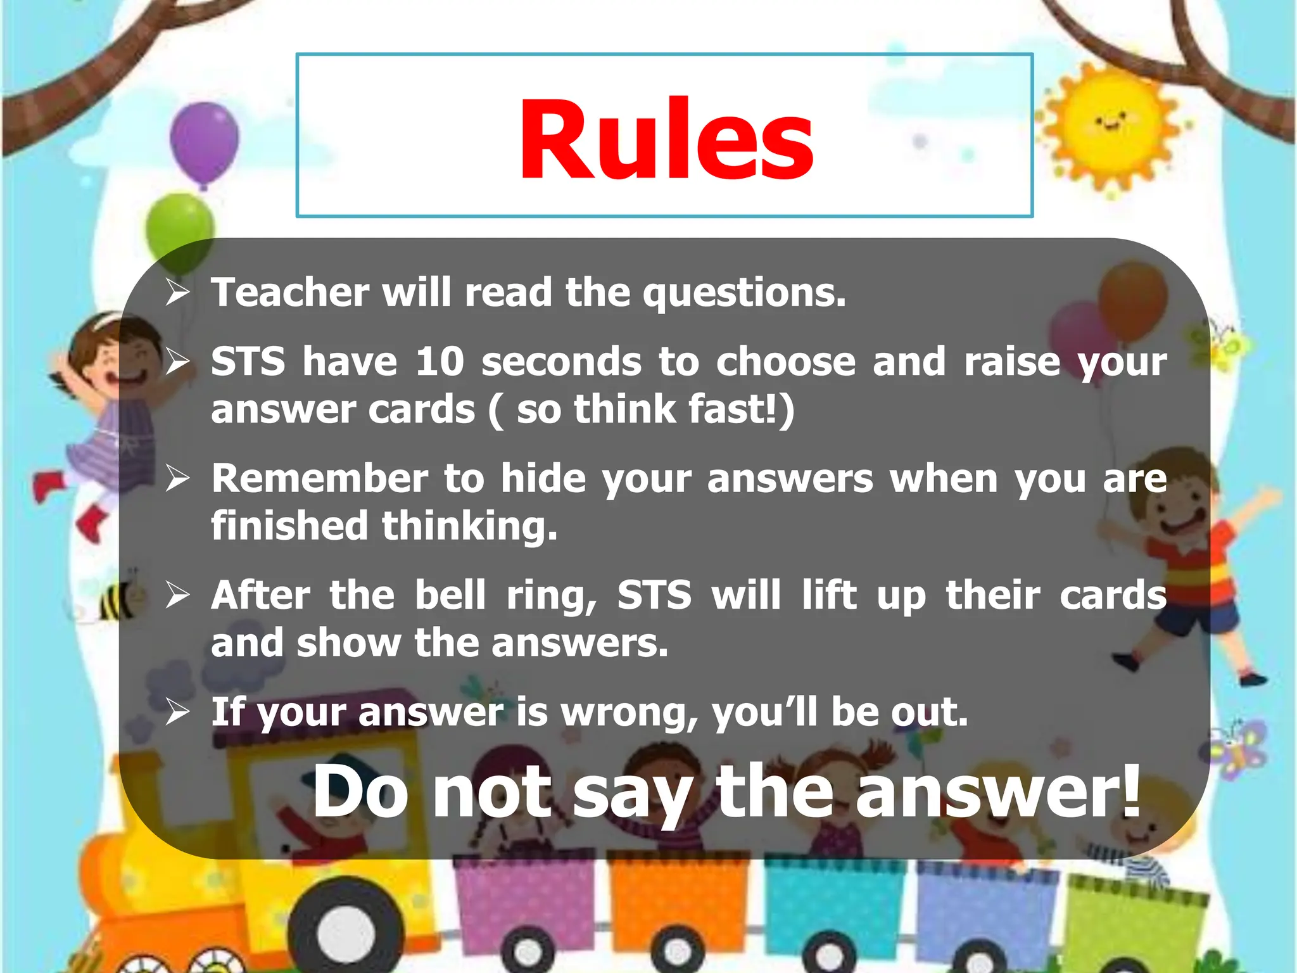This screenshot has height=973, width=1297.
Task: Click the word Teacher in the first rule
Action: coord(290,293)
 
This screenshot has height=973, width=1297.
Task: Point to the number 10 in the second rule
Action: coord(440,362)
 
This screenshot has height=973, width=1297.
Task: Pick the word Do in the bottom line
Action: coord(360,792)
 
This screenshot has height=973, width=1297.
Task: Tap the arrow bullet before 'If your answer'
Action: coord(177,712)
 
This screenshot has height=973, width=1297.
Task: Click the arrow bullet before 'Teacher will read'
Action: coord(177,293)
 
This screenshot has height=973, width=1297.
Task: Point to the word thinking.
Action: coord(469,526)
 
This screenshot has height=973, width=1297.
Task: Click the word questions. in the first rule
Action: coord(744,294)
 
